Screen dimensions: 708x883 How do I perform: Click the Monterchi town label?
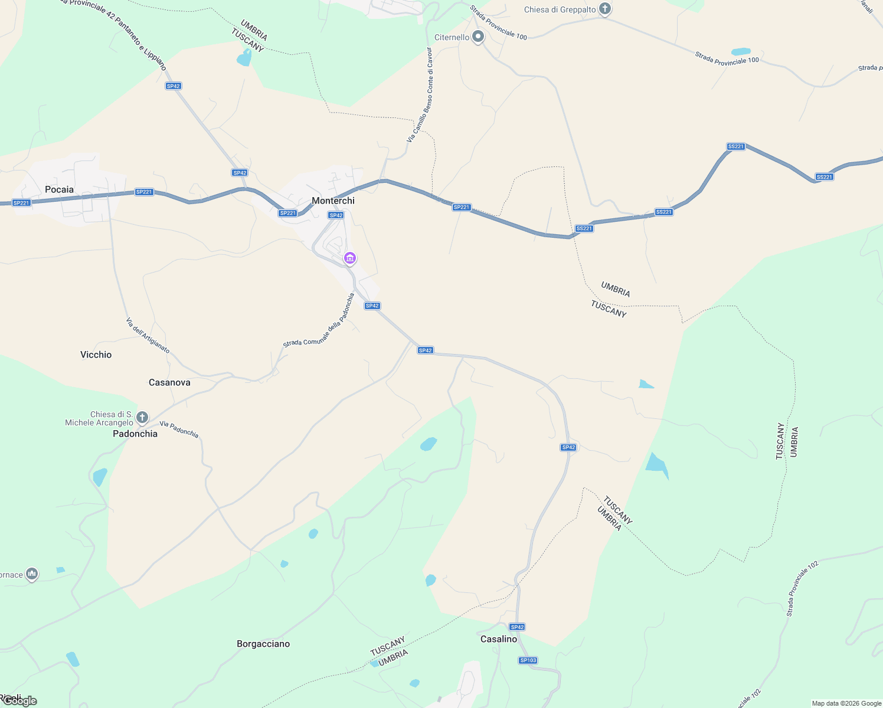click(x=333, y=201)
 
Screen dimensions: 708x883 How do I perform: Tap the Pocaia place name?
click(x=59, y=189)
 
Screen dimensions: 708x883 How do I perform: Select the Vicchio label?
click(x=96, y=355)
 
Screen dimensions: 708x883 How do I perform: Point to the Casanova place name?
click(x=169, y=382)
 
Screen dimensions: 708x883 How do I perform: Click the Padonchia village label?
click(x=135, y=434)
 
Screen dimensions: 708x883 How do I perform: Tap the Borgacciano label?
click(x=263, y=644)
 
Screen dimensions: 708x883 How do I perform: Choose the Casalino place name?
click(x=499, y=639)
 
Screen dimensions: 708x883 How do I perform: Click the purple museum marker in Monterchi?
click(x=350, y=258)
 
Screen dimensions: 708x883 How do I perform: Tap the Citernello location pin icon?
click(x=478, y=37)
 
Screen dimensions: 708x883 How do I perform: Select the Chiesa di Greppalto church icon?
click(x=604, y=9)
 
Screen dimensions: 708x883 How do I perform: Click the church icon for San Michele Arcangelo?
click(x=142, y=418)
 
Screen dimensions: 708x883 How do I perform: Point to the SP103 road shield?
click(x=528, y=660)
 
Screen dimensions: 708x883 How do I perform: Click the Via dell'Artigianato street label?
click(x=148, y=336)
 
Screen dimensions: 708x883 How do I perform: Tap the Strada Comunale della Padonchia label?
click(x=319, y=320)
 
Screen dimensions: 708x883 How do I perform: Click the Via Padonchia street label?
click(x=179, y=430)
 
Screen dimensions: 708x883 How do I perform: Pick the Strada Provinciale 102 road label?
click(x=802, y=589)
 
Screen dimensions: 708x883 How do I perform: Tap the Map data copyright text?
click(x=846, y=703)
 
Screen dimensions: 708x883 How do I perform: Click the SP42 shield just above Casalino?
click(x=517, y=627)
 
